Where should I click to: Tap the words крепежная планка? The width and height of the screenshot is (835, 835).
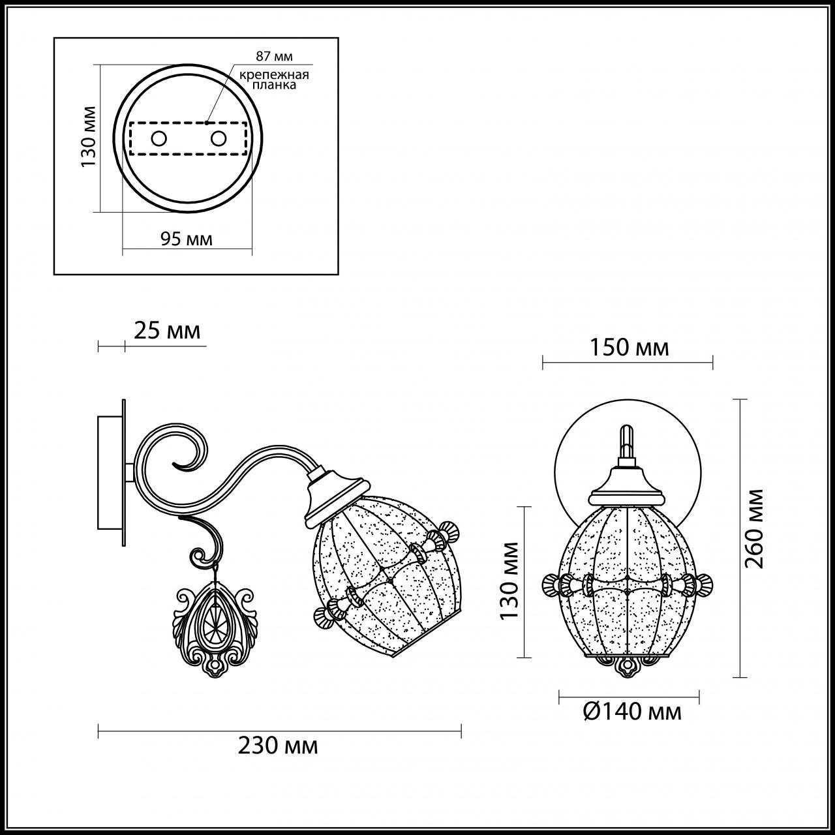[x=273, y=80]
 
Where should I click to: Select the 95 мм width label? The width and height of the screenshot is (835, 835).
[x=187, y=239]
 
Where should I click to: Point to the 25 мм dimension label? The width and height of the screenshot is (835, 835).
[x=167, y=331]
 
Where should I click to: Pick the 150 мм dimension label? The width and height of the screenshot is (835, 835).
[x=630, y=348]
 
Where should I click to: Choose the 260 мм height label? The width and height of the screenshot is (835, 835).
[x=755, y=528]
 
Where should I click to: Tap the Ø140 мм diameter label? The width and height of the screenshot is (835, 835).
[x=631, y=711]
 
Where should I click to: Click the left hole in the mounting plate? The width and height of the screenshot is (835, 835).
[x=159, y=138]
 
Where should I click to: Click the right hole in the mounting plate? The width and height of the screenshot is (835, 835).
[x=219, y=138]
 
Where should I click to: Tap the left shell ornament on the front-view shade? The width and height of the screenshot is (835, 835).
[x=552, y=583]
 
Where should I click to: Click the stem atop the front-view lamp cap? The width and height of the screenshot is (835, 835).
[x=627, y=444]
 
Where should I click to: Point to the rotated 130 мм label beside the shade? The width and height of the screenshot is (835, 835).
[x=509, y=581]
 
